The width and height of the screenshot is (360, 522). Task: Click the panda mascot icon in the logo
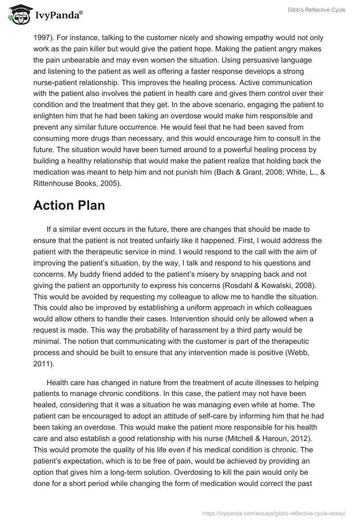pyautogui.click(x=18, y=15)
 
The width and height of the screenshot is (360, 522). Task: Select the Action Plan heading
pyautogui.click(x=69, y=205)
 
